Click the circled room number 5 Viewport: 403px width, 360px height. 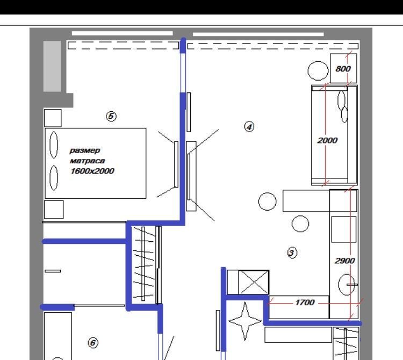click(111, 116)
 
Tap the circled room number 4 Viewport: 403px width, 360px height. click(249, 127)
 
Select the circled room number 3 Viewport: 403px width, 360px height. click(292, 253)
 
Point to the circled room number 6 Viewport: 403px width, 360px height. click(93, 342)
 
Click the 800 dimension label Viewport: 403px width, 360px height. click(343, 69)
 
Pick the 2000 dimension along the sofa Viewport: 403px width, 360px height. click(327, 140)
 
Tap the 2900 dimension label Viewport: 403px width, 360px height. click(344, 261)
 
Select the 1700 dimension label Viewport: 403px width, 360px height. click(305, 303)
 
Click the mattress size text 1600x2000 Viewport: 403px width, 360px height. click(92, 171)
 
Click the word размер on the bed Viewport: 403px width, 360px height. click(84, 150)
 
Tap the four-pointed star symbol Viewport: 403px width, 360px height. click(245, 321)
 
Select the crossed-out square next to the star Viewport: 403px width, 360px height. click(254, 282)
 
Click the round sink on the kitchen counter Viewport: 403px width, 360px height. click(347, 284)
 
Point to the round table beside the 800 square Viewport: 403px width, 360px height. click(318, 71)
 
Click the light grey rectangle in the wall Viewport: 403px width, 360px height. click(52, 66)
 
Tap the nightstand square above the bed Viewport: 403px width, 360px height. click(53, 118)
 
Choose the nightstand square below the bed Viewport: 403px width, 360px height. click(54, 210)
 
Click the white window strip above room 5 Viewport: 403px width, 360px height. click(122, 33)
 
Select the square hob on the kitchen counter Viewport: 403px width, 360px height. click(344, 229)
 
